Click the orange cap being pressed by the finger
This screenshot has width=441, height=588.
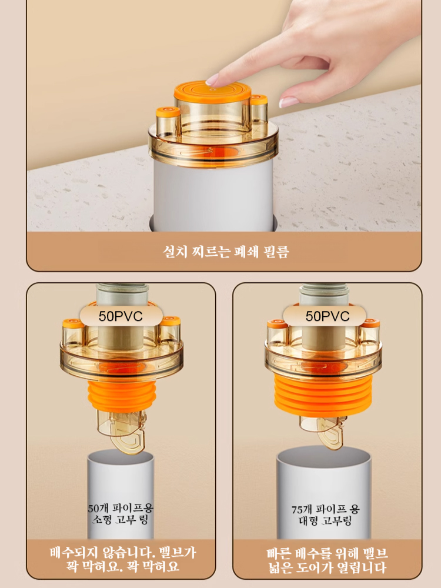(x=212, y=92)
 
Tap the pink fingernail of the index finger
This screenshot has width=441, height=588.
(x=212, y=79)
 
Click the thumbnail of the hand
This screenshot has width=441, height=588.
(x=289, y=102)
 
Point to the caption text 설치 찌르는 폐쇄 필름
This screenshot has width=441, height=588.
(x=226, y=251)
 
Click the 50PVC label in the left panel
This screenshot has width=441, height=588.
(x=121, y=316)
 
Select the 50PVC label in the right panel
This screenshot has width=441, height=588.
(x=328, y=316)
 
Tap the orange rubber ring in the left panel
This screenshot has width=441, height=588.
(x=122, y=396)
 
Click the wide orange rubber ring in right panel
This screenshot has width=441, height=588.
(x=323, y=396)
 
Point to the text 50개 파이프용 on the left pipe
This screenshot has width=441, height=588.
(x=121, y=508)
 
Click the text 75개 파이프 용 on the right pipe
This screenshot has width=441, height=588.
(x=325, y=509)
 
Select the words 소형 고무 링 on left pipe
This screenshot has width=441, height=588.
(x=121, y=520)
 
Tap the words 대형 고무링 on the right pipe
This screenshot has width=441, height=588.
(x=325, y=520)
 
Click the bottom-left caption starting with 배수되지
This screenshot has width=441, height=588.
(x=122, y=559)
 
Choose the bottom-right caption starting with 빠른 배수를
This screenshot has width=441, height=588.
(x=327, y=560)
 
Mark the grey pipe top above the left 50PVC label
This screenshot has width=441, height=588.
(x=122, y=295)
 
